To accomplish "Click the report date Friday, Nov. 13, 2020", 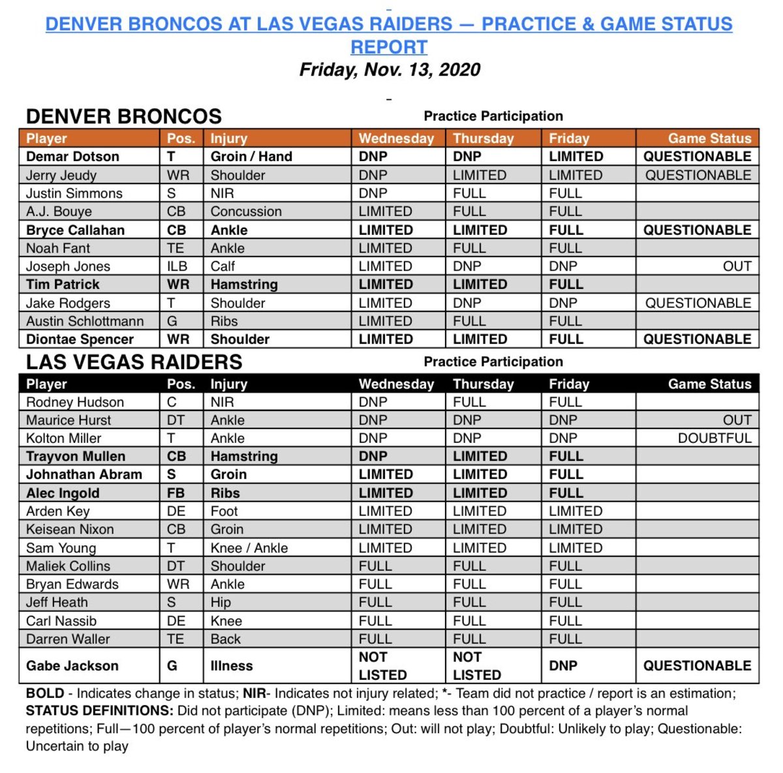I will coord(390,70).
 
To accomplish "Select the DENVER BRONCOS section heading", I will coord(124,116).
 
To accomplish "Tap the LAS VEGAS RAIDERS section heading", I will coord(134,362).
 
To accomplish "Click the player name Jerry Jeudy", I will coord(61,175).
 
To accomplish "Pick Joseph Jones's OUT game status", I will coord(737,266).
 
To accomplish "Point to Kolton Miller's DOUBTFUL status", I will coord(714,438).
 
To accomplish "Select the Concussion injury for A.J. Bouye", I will coord(246,211).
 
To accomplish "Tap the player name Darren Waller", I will coord(68,639).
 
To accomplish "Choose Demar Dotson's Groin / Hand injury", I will coord(251,157).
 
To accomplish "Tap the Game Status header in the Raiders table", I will coord(709,384).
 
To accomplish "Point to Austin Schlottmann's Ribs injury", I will coord(224,321).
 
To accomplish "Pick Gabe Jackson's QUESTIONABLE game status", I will coord(697,666).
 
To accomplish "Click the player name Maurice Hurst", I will coord(69,420).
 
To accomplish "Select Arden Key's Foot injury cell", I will coord(224,511).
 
